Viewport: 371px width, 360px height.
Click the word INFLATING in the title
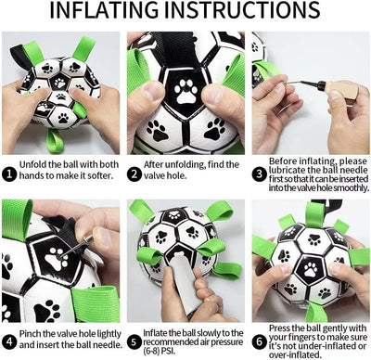[109, 13]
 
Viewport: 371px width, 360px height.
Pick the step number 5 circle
[134, 331]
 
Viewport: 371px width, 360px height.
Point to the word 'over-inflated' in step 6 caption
[301, 353]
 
